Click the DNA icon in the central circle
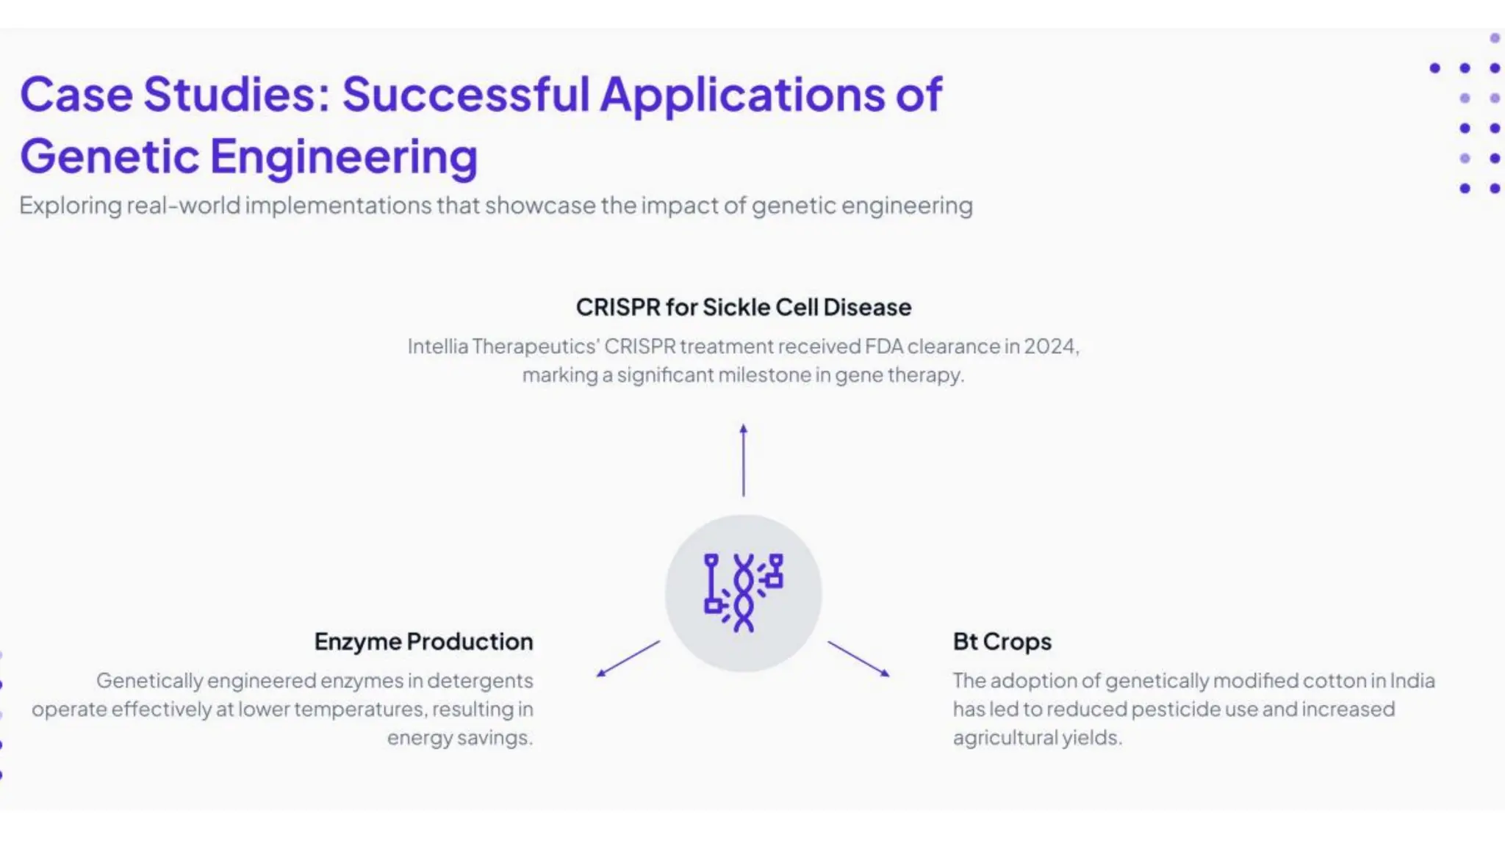point(743,593)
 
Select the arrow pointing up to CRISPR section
point(743,460)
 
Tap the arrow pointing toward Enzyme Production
point(628,659)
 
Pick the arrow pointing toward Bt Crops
point(858,659)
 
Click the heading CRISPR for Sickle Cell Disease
point(743,307)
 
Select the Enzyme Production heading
point(423,641)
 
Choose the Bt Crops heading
point(1002,641)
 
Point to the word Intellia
point(437,346)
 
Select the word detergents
point(480,681)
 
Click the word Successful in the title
point(466,94)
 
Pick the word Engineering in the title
point(344,156)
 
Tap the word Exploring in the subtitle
point(70,206)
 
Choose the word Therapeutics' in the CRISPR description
point(536,346)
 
